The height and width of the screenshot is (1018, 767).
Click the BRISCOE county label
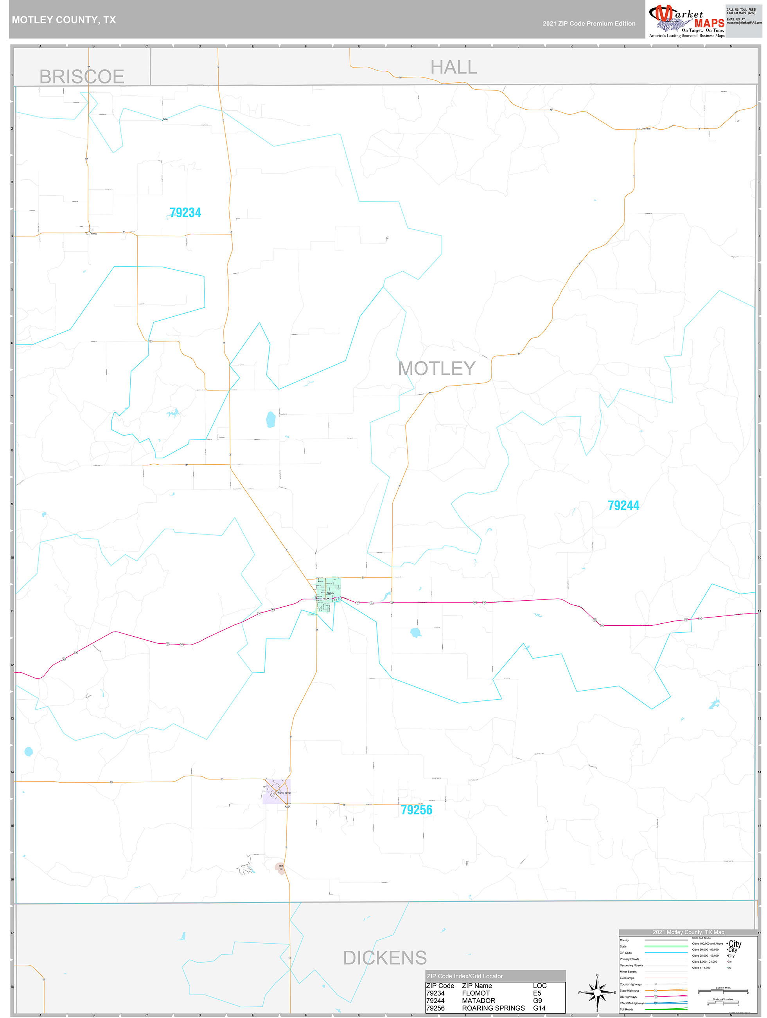tap(82, 77)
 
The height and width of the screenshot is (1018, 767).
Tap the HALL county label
tap(453, 68)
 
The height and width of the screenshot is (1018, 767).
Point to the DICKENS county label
tap(385, 958)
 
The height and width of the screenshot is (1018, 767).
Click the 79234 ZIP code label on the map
tap(185, 213)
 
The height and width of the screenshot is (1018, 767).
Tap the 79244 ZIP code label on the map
tap(623, 506)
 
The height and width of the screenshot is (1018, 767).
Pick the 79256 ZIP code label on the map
tap(416, 810)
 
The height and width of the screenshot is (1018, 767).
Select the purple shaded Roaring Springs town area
tap(276, 792)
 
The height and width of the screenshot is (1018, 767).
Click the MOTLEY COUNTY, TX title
tap(64, 20)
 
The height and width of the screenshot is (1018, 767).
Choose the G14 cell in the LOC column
tap(539, 1008)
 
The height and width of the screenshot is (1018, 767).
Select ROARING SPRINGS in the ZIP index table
tap(493, 1008)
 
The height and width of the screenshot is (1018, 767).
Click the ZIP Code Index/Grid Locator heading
tap(464, 976)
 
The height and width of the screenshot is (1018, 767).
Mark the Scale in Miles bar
tap(723, 990)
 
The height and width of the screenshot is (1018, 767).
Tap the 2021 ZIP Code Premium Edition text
tap(589, 23)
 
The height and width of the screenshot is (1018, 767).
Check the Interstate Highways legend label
tap(632, 1003)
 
